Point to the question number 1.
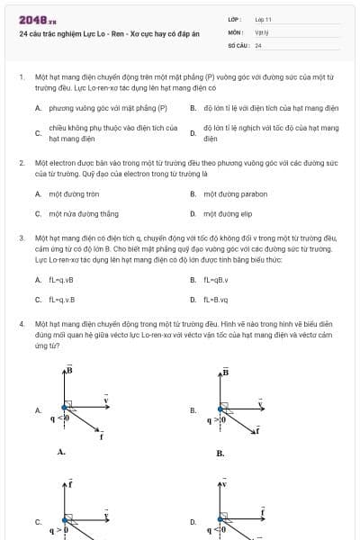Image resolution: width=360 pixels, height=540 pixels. [x=21, y=77]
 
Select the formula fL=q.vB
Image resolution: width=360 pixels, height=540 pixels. [x=62, y=280]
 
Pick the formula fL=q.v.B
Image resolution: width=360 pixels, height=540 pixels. [x=62, y=300]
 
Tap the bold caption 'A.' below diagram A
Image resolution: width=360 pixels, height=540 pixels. [x=61, y=453]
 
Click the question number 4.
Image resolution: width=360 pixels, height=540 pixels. [x=21, y=322]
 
